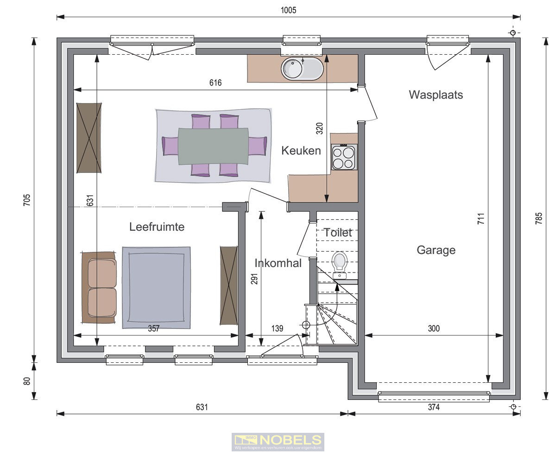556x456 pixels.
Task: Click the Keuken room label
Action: point(301,151)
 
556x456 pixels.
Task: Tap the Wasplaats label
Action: point(436,95)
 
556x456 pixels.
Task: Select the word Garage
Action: point(436,250)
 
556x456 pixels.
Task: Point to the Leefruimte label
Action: point(157,227)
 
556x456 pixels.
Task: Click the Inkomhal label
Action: point(278,263)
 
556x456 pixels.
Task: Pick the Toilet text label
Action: point(338,233)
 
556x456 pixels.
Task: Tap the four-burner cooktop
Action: point(343,157)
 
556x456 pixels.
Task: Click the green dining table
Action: point(213,146)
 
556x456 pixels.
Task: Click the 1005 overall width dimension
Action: point(288,10)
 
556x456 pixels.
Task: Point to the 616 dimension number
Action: point(215,83)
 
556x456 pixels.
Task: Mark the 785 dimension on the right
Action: point(538,218)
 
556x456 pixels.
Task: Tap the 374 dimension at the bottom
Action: point(434,407)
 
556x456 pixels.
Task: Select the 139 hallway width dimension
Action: point(277,329)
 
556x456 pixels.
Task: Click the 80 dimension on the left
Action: point(27,381)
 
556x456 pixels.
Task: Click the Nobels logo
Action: point(278,442)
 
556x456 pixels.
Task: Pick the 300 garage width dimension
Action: point(434,329)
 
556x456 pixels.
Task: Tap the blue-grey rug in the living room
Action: point(157,287)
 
